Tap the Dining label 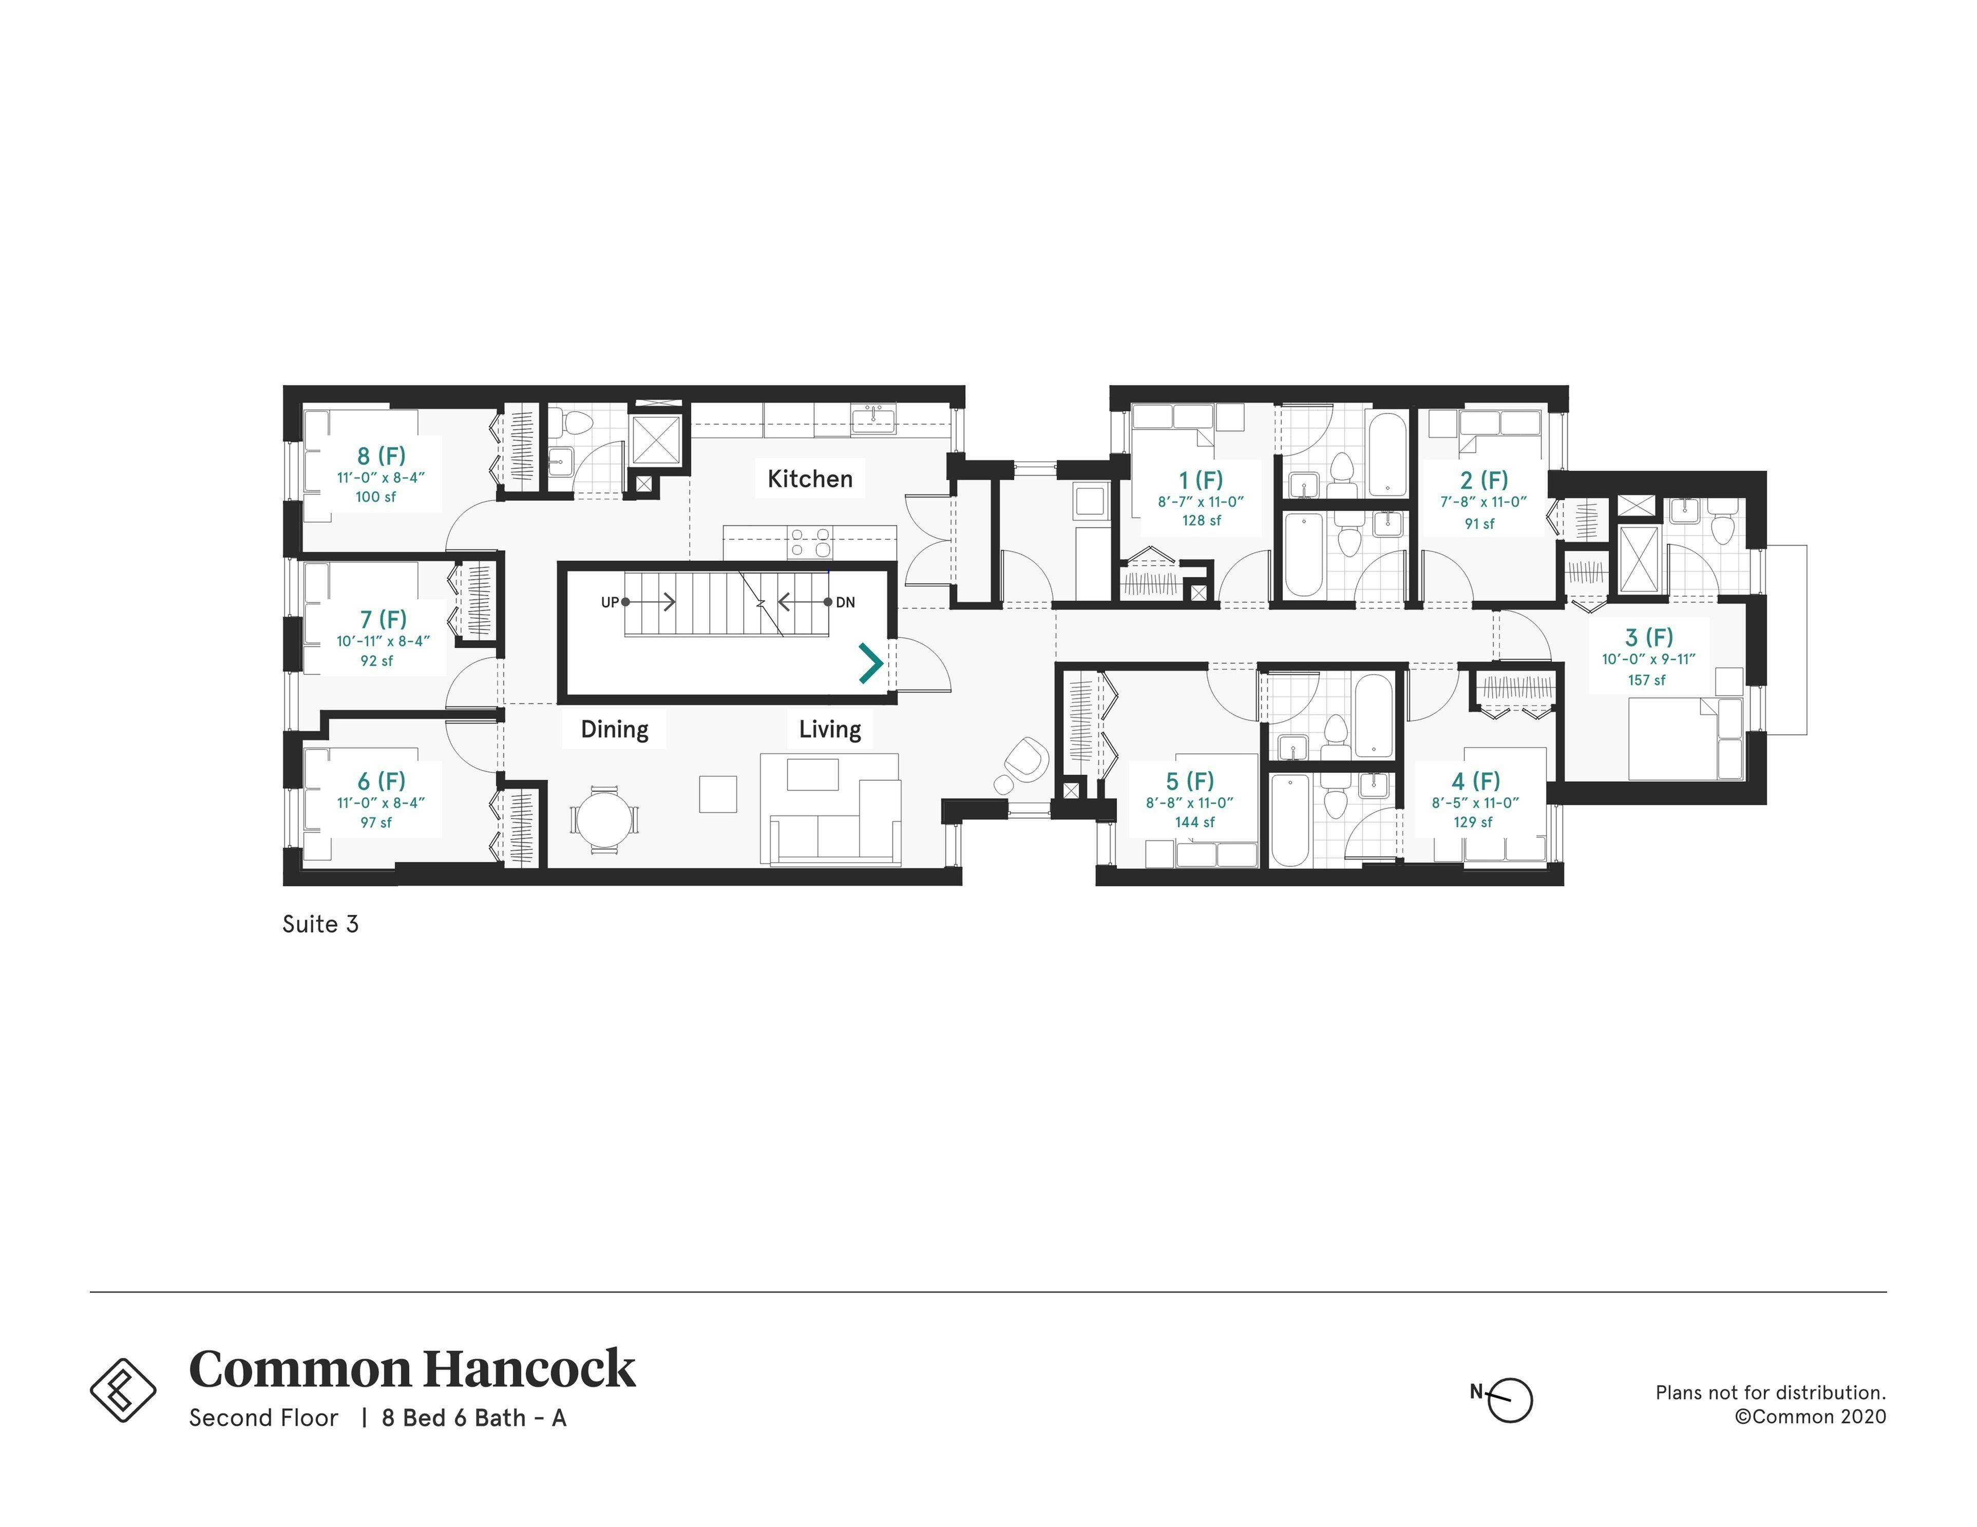click(x=615, y=730)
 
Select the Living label click(x=829, y=730)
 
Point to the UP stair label click(x=610, y=602)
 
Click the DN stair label click(x=845, y=602)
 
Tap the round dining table click(x=603, y=819)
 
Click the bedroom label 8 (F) click(x=381, y=455)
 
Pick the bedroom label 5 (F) click(x=1189, y=780)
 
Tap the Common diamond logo click(x=123, y=1389)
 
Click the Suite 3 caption click(x=320, y=924)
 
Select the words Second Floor click(x=263, y=1418)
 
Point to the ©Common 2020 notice click(x=1811, y=1417)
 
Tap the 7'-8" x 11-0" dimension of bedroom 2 click(x=1484, y=502)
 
